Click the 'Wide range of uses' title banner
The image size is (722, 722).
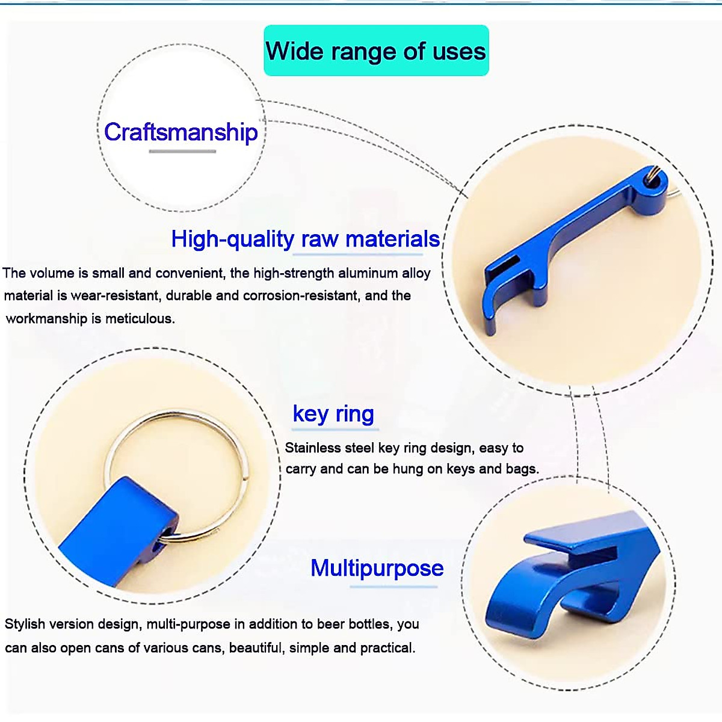(x=376, y=50)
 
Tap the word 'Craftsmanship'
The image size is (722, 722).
(x=181, y=132)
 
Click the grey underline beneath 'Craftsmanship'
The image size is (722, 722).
(x=182, y=152)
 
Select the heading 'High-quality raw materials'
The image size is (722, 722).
(x=306, y=239)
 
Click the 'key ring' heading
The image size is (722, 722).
(x=333, y=414)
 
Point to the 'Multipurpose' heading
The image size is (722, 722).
(x=377, y=568)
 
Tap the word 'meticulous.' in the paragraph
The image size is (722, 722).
(x=140, y=319)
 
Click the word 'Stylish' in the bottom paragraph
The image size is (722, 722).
(x=25, y=624)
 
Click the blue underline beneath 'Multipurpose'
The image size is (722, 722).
(x=393, y=587)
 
